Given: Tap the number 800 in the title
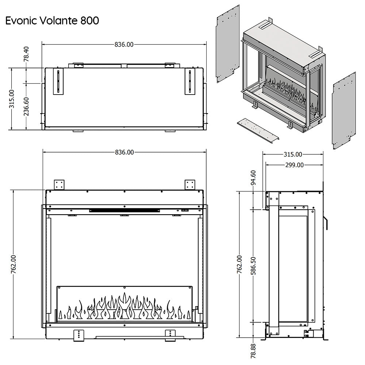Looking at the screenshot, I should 88,21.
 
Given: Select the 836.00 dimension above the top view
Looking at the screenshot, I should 124,45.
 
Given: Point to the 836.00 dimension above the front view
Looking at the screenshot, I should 124,152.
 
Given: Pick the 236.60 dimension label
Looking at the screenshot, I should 26,106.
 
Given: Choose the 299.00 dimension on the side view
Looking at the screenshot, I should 294,165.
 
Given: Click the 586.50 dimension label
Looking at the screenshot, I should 254,265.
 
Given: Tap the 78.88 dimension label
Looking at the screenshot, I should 254,351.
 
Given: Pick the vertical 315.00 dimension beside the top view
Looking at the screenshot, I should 12,99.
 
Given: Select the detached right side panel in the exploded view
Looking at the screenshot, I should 343,112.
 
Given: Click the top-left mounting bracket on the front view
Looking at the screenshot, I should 59,184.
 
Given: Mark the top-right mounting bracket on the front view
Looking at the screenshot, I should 190,184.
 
